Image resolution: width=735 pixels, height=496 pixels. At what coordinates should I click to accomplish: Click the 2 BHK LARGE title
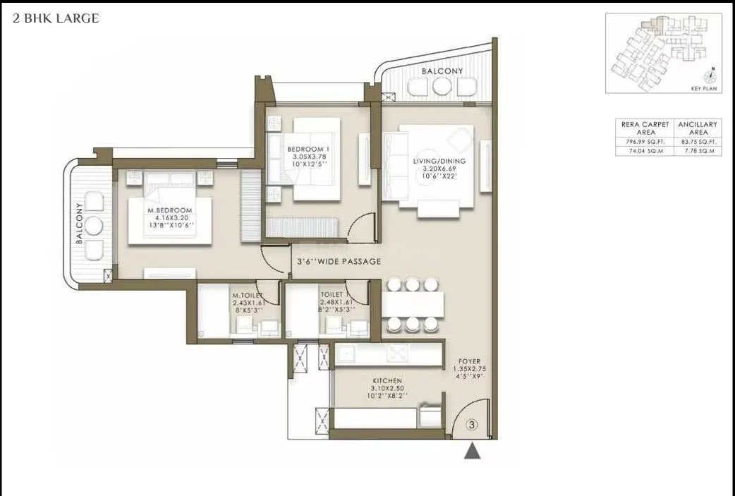pos(56,19)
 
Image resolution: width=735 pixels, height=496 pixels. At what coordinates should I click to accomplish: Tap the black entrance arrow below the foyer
pos(472,452)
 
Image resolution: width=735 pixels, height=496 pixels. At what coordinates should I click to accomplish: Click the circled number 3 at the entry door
pos(473,425)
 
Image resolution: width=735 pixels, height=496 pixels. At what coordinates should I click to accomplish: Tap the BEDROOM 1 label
pos(308,149)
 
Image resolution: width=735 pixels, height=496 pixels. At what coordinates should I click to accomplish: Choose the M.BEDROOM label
pos(169,210)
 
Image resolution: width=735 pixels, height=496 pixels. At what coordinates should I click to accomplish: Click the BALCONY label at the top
pos(442,71)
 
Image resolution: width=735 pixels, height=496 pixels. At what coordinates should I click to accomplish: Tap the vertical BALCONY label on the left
pos(80,223)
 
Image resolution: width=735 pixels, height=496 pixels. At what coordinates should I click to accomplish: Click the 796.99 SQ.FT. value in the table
pos(644,142)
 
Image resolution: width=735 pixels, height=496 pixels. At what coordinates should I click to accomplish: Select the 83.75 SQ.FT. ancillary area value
pos(697,142)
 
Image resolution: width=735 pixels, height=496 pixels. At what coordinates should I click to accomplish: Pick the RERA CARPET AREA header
pos(644,128)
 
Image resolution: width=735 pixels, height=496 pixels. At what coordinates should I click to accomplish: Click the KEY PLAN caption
pos(705,90)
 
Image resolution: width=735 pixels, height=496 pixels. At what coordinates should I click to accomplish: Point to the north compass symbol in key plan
pos(712,76)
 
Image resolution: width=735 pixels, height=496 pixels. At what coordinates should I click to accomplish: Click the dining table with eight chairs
pos(413,304)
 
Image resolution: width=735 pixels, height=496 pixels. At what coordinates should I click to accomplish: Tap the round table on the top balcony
pos(442,86)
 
